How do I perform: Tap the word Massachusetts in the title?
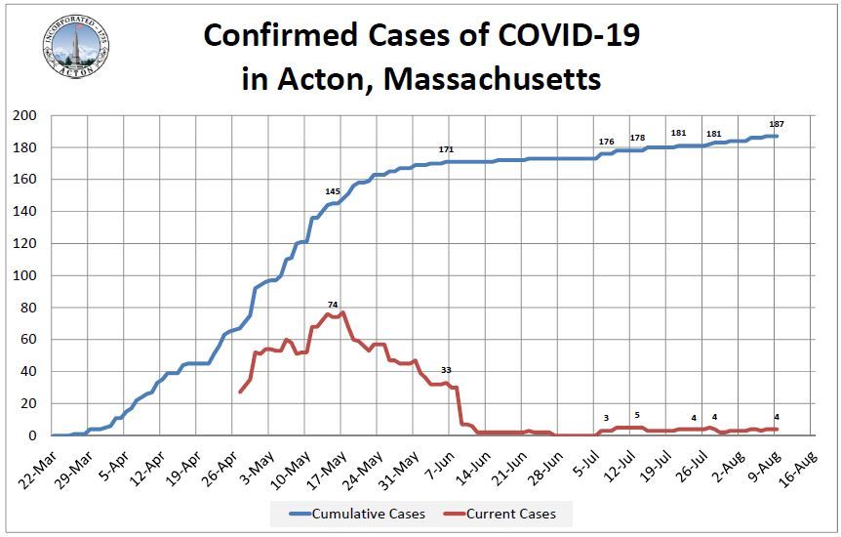[x=492, y=78]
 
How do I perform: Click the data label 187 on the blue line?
[x=777, y=124]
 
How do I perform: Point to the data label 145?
[x=333, y=191]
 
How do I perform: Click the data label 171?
[x=447, y=149]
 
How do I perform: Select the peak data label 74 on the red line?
[x=333, y=305]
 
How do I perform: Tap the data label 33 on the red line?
[x=447, y=370]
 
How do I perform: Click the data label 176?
[x=606, y=142]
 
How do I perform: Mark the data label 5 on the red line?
[x=637, y=415]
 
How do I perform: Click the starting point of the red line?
[x=240, y=392]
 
